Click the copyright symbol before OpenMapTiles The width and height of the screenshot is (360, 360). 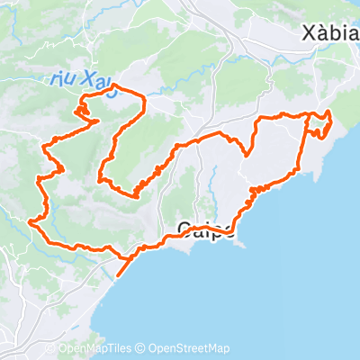click(51, 349)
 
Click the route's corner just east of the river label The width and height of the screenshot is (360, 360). click(142, 96)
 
